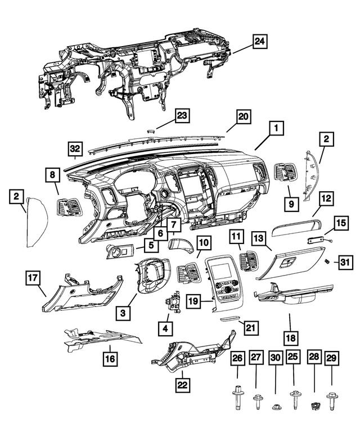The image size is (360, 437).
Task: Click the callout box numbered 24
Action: tap(260, 42)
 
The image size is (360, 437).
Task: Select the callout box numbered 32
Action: tap(75, 148)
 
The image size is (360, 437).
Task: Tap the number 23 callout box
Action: tap(182, 116)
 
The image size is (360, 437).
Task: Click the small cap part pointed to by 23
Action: tap(150, 130)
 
